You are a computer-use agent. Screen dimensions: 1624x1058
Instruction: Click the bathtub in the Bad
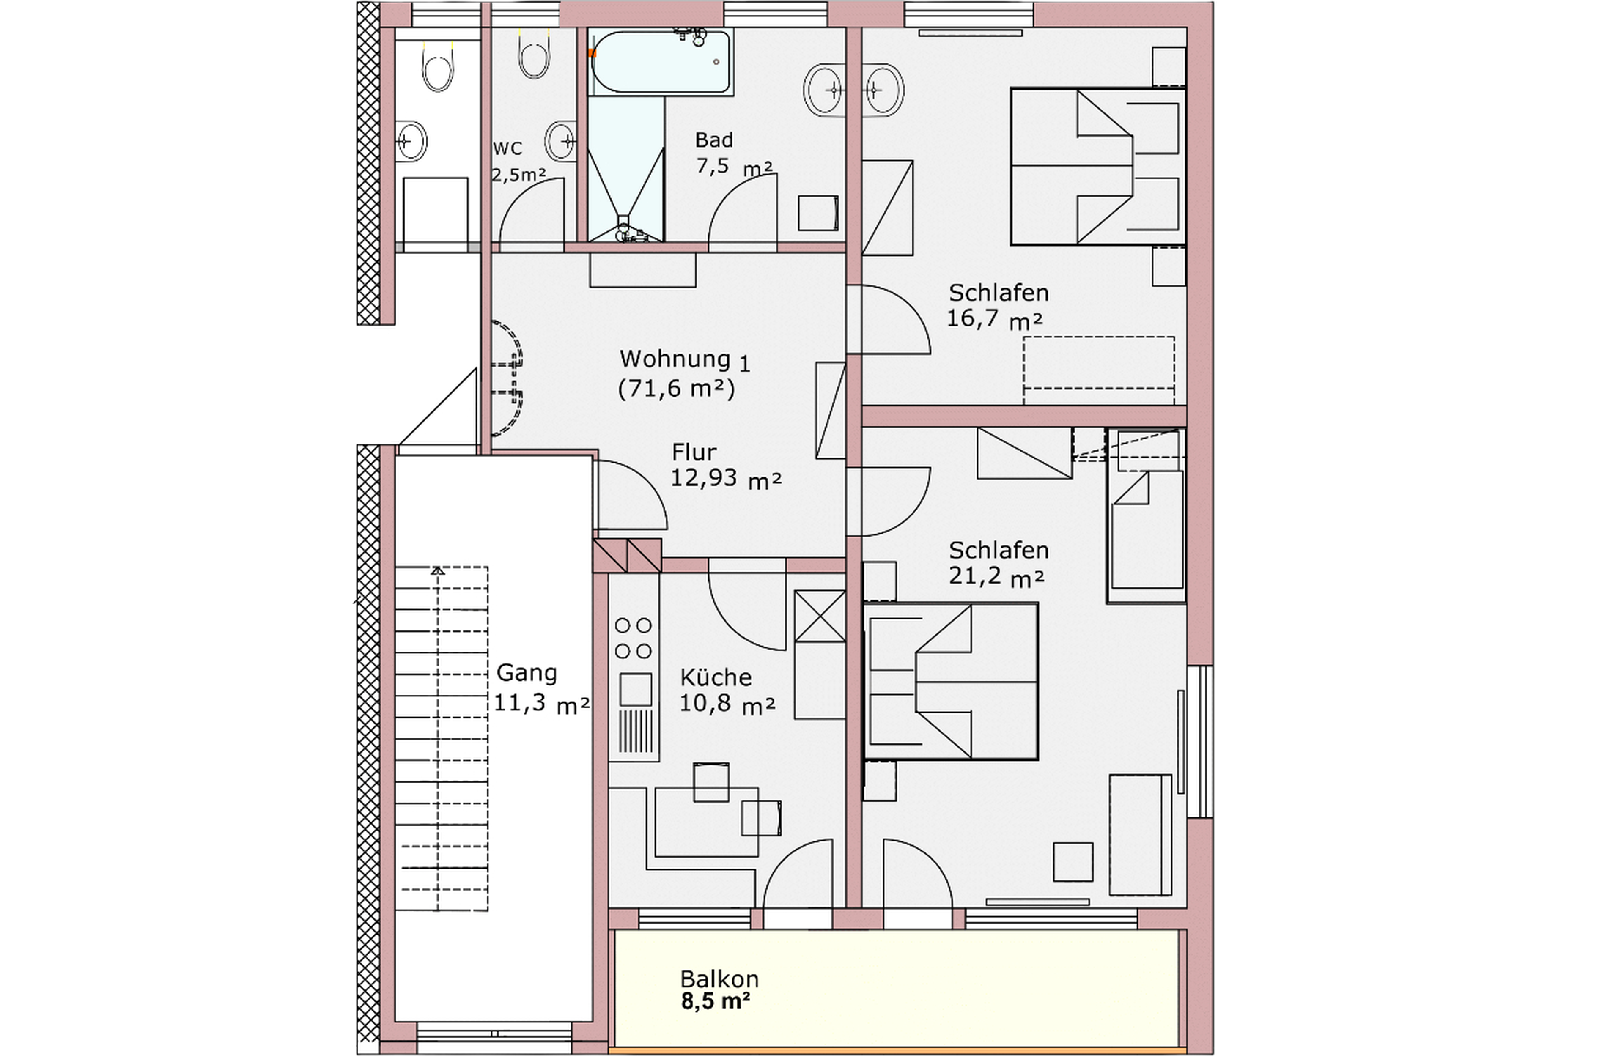(x=661, y=61)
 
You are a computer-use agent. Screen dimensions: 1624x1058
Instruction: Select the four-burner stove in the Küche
(x=633, y=638)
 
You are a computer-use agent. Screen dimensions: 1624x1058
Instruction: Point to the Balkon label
(x=719, y=979)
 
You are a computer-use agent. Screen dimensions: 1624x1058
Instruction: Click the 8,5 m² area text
(x=716, y=1001)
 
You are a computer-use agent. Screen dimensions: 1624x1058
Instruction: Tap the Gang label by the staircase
(x=526, y=673)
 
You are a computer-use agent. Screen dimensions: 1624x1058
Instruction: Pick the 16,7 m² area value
(x=994, y=318)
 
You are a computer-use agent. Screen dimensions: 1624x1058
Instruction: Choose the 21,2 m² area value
(x=996, y=576)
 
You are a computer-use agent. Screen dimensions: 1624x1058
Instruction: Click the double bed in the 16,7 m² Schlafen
(x=1097, y=167)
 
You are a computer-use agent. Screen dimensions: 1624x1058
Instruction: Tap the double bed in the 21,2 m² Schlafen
(x=951, y=681)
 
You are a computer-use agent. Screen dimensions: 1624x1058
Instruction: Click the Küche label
(x=716, y=677)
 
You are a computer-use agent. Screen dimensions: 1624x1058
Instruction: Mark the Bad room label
(x=714, y=140)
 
